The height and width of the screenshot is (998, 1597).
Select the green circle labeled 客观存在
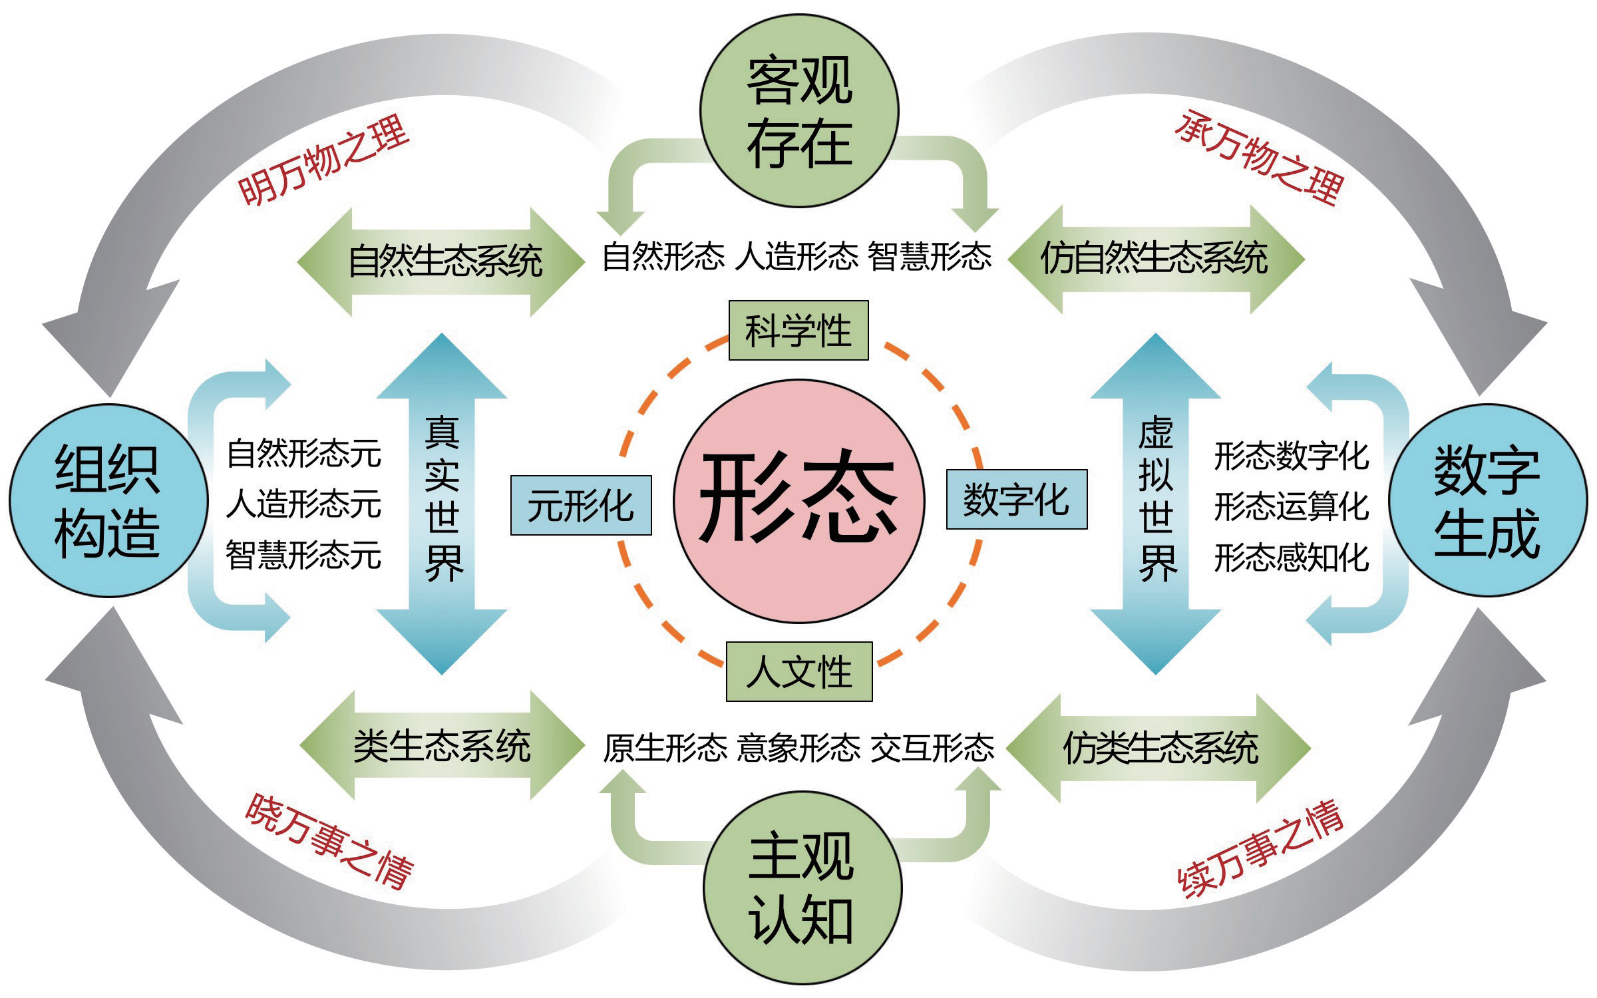tap(799, 110)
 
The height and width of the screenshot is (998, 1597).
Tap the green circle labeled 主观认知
tap(802, 888)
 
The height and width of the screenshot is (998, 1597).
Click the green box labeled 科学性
tap(798, 331)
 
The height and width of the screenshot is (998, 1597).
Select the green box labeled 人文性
tap(798, 671)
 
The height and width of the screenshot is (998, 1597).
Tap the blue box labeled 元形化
tap(580, 506)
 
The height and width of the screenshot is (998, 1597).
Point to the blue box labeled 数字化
tap(1016, 500)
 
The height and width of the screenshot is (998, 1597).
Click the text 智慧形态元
tap(303, 556)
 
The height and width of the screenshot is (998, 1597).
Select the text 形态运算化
tap(1291, 507)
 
